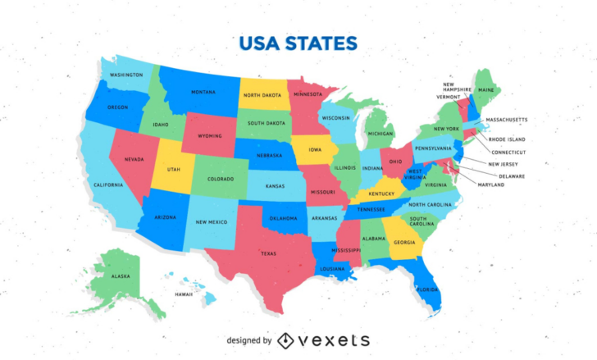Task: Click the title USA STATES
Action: tap(298, 43)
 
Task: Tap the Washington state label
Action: tap(126, 75)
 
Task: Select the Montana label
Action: tap(203, 92)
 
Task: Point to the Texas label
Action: tap(268, 253)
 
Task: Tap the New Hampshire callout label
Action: tap(457, 86)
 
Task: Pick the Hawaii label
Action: tap(183, 294)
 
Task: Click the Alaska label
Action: tap(121, 276)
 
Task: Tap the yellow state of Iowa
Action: tap(316, 150)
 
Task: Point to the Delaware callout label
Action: tap(512, 175)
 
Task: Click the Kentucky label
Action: tap(381, 194)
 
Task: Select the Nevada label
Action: tap(134, 159)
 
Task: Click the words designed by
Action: tap(249, 340)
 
